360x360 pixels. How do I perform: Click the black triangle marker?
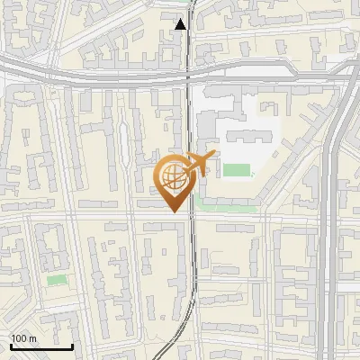(182, 24)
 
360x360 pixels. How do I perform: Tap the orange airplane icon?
(200, 165)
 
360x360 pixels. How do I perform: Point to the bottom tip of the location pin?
(175, 212)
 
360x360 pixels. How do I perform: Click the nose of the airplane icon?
(214, 156)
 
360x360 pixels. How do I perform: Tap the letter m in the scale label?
(33, 338)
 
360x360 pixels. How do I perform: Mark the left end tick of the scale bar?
(10, 346)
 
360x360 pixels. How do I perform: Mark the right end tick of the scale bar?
(73, 346)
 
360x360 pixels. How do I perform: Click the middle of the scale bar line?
(41, 347)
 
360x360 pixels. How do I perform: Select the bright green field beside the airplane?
(237, 170)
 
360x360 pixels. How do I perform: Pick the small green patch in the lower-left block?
(57, 280)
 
